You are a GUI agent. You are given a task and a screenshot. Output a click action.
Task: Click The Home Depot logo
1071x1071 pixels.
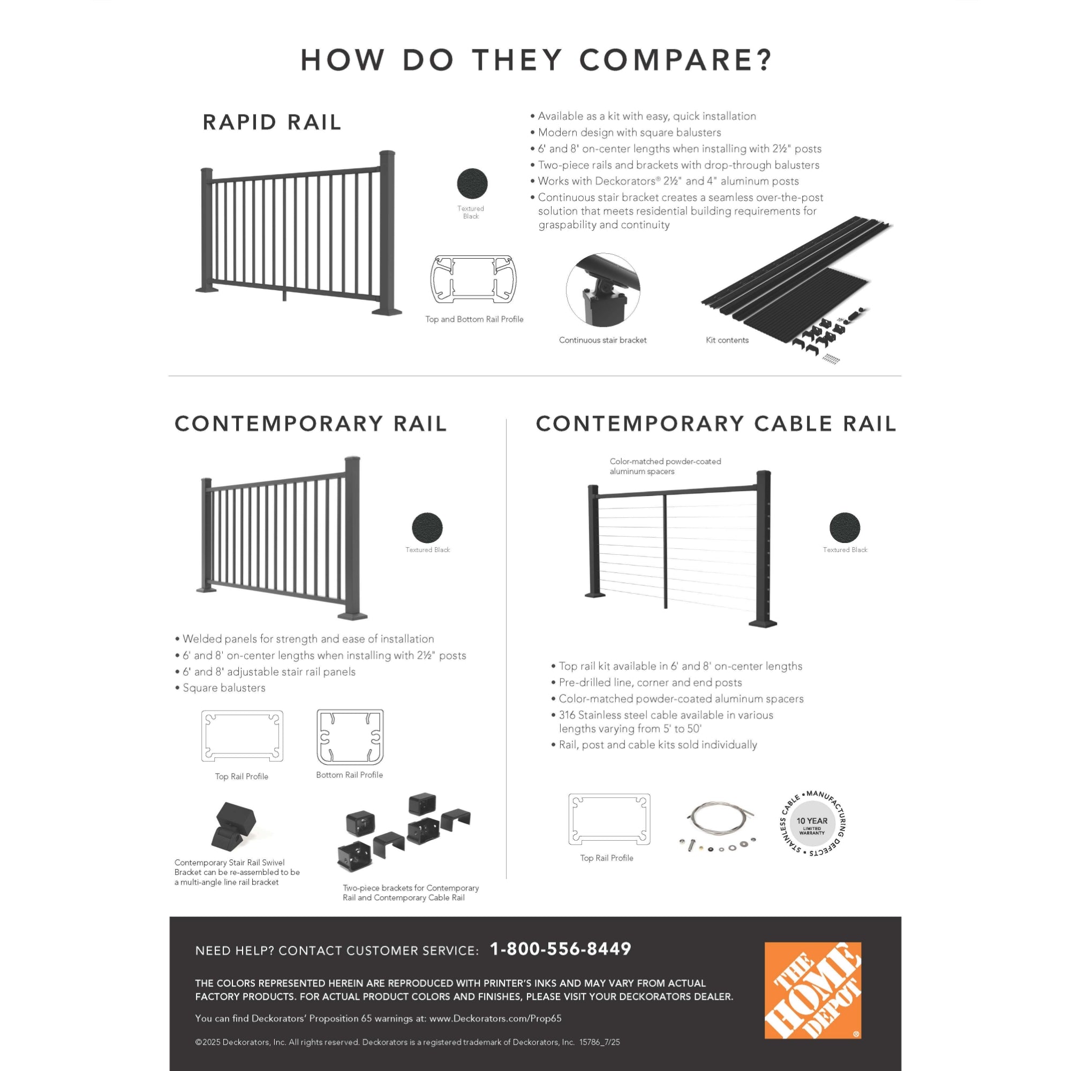pos(812,990)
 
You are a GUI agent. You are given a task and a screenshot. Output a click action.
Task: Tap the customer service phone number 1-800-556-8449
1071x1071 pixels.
pos(561,949)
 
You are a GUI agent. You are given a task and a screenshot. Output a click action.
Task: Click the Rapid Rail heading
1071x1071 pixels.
pos(271,123)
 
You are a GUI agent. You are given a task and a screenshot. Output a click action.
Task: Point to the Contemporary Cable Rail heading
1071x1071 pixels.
pos(715,424)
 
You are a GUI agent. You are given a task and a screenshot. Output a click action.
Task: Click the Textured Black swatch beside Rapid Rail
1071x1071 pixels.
pos(472,184)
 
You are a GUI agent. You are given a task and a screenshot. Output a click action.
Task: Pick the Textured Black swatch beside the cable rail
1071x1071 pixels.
pos(844,527)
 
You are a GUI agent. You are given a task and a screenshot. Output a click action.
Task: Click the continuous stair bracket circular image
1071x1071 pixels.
pos(602,290)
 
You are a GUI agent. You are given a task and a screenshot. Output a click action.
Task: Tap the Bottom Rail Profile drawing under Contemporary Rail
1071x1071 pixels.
pos(350,737)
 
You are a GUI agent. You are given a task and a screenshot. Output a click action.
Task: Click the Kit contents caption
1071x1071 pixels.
pos(727,341)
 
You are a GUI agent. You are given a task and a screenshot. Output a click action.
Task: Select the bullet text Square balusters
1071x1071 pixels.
pos(224,688)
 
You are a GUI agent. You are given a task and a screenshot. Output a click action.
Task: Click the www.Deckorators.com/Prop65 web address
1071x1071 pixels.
pos(495,1019)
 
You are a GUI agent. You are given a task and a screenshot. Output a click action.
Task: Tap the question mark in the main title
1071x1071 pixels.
pos(765,60)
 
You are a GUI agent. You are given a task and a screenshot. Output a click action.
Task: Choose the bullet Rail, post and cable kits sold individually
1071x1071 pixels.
pos(658,745)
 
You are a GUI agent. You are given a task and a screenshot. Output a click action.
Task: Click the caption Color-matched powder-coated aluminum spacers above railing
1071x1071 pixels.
pos(665,466)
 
